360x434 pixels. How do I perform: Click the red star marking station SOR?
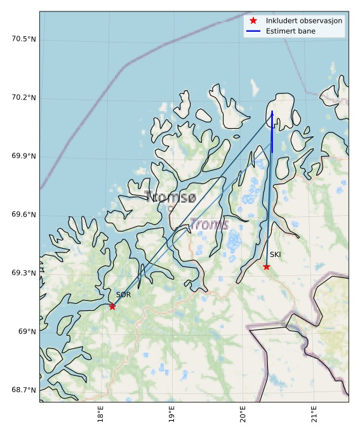tap(112, 306)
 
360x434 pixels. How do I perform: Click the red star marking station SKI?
tap(267, 266)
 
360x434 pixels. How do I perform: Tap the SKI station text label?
tap(275, 254)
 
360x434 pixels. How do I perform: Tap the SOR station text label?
tap(123, 294)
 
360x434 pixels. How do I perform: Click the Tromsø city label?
tap(170, 197)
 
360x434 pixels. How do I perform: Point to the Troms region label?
tap(209, 224)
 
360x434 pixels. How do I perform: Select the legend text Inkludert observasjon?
tap(305, 20)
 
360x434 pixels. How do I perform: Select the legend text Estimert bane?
tap(293, 31)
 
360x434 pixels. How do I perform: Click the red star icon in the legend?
tap(253, 20)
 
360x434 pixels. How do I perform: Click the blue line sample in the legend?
tap(253, 31)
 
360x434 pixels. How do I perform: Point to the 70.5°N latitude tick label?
tap(23, 39)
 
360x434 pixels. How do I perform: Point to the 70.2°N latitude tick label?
tap(23, 98)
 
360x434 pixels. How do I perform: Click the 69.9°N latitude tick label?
tap(23, 156)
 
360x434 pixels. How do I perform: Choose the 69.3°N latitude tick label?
tap(23, 273)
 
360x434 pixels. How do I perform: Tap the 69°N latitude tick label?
tap(27, 331)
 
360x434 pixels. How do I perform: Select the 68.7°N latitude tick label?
tap(23, 390)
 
